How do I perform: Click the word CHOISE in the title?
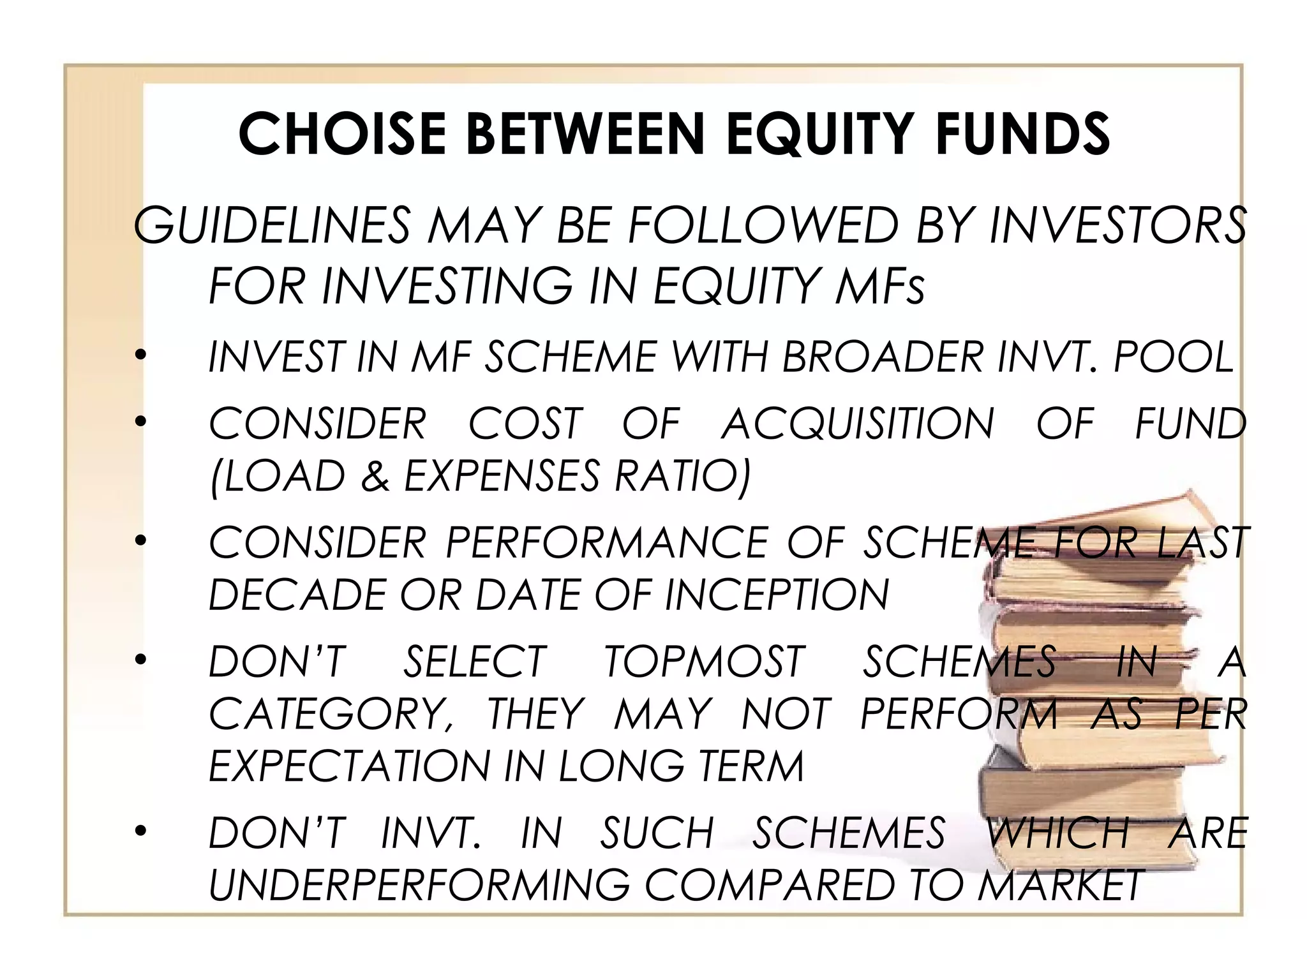tap(342, 134)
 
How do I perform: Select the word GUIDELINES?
tap(272, 226)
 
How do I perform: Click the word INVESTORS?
tap(1117, 226)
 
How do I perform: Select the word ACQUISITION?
tap(858, 424)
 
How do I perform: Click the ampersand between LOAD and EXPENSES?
tap(375, 476)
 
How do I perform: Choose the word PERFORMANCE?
tap(606, 543)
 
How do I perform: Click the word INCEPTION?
tap(776, 595)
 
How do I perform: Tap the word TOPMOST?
tap(705, 662)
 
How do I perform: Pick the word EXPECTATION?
tap(348, 766)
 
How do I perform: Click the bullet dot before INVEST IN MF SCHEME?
tap(141, 356)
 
